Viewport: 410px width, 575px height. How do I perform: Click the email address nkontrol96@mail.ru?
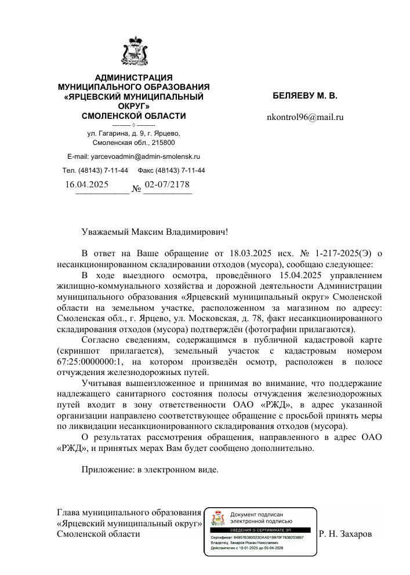[305, 117]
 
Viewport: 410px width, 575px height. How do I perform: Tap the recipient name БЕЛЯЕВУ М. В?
[305, 94]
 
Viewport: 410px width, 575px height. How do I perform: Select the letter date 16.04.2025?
[87, 185]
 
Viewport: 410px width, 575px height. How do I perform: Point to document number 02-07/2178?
[167, 184]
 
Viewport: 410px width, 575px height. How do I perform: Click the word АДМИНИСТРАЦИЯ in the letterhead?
[134, 78]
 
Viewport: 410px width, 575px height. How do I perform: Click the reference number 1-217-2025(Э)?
[343, 253]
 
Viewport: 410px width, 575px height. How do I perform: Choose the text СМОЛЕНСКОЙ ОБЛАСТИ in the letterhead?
[134, 116]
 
